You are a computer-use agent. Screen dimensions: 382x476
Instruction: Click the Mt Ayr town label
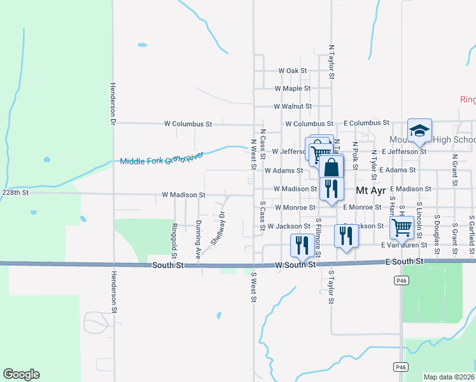point(370,190)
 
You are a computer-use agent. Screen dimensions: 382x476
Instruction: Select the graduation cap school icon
point(420,132)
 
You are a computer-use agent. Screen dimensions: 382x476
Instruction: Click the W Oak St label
point(293,71)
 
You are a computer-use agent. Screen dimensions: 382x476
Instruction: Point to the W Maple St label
point(292,88)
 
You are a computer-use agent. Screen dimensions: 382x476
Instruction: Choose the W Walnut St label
point(293,106)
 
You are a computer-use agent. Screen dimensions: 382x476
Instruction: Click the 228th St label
point(15,192)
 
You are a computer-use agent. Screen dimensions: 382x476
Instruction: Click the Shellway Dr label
point(219,228)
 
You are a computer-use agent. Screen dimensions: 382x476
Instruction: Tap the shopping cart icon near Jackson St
point(402,227)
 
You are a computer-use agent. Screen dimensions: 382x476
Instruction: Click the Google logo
point(21,374)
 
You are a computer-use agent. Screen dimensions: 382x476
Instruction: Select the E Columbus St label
point(367,122)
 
